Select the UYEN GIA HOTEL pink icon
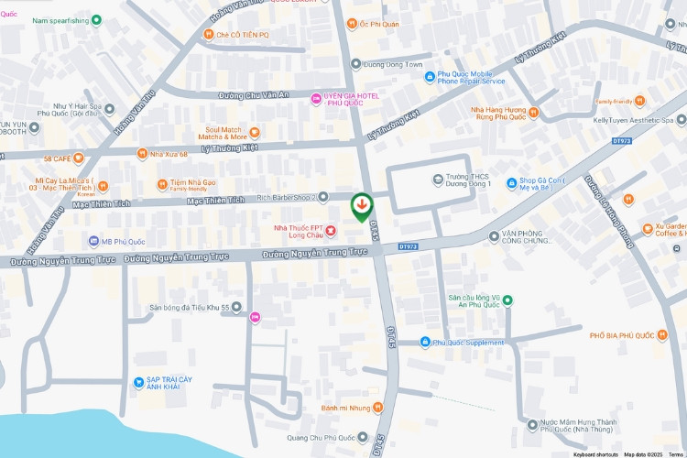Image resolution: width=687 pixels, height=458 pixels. [x=316, y=98]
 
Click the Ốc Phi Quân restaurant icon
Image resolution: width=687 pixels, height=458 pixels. [x=352, y=24]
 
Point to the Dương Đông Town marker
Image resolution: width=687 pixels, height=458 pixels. [x=355, y=64]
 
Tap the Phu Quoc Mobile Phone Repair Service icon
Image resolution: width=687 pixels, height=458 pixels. [x=430, y=77]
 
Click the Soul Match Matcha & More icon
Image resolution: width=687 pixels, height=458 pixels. [x=255, y=132]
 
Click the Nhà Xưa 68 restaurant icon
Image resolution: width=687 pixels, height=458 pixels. [x=142, y=154]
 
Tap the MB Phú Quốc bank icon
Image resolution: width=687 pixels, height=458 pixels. [x=93, y=241]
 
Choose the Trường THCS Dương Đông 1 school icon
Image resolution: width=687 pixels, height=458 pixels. [x=438, y=179]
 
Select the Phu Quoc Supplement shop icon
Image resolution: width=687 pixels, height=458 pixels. [x=425, y=343]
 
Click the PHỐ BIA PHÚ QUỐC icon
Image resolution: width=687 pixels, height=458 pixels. [x=662, y=335]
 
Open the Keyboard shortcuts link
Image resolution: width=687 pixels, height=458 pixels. [x=595, y=454]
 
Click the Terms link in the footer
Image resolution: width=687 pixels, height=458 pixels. [x=675, y=454]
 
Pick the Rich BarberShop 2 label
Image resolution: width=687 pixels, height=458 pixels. [x=286, y=197]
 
